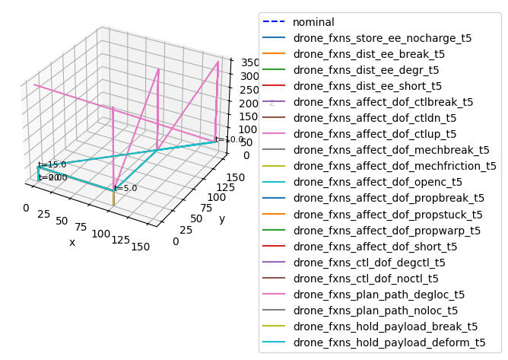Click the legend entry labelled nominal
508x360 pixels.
pos(313,22)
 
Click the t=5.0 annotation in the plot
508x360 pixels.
pos(125,188)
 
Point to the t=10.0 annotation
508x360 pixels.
pos(229,139)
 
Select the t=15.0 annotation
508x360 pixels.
pos(52,164)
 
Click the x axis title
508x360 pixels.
pos(72,242)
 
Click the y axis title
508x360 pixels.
pos(222,219)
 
